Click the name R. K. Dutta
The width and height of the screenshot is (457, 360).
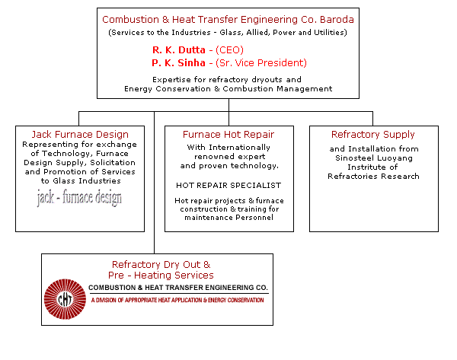[179, 50]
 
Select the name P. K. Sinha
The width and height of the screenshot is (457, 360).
[178, 63]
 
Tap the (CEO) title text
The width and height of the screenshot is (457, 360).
[229, 50]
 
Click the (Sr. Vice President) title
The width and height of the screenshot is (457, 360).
[261, 63]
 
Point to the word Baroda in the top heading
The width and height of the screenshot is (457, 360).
[337, 20]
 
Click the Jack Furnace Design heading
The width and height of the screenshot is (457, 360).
[80, 134]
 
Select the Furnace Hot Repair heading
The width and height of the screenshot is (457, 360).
[228, 134]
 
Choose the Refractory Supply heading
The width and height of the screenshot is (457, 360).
[373, 134]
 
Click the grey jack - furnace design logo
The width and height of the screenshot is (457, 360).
[79, 197]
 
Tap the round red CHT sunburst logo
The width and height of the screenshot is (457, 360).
[65, 299]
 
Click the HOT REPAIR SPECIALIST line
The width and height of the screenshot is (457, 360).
[228, 186]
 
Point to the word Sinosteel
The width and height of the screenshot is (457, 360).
[353, 158]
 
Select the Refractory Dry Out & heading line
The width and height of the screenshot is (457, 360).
[161, 264]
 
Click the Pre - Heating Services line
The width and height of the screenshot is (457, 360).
[161, 276]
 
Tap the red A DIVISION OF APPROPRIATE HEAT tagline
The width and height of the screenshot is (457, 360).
[177, 300]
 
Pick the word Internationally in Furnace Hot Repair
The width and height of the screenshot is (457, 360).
[240, 148]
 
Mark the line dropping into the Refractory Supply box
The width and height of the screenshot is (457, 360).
[372, 119]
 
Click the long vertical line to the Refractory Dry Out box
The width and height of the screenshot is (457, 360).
[154, 183]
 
